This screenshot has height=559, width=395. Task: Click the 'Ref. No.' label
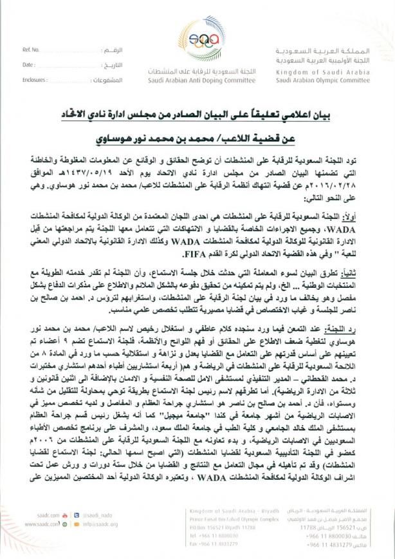click(x=31, y=50)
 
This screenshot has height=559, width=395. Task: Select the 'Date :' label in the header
click(x=28, y=65)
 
